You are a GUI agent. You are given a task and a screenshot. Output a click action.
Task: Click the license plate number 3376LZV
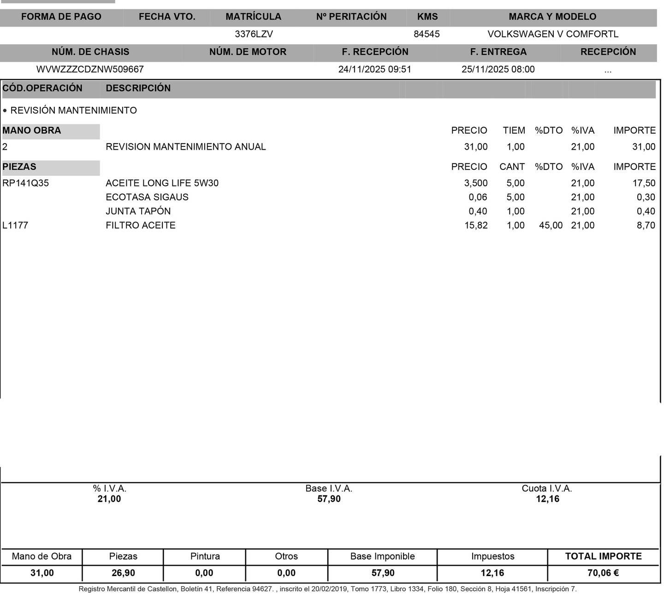pyautogui.click(x=254, y=34)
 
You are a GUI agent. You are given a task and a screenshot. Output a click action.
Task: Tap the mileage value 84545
pyautogui.click(x=427, y=34)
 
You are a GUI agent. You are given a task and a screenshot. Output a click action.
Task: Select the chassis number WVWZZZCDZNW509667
pyautogui.click(x=90, y=70)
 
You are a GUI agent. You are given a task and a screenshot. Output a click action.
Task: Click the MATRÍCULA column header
pyautogui.click(x=253, y=17)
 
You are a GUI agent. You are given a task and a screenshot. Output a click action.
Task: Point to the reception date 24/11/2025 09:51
pyautogui.click(x=374, y=70)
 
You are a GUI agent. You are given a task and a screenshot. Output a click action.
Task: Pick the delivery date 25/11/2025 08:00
pyautogui.click(x=498, y=70)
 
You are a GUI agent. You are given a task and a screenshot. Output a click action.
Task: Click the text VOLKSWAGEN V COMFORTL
pyautogui.click(x=553, y=34)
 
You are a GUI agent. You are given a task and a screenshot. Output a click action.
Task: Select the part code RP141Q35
pyautogui.click(x=26, y=183)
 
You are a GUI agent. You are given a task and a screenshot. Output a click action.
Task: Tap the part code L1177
pyautogui.click(x=15, y=226)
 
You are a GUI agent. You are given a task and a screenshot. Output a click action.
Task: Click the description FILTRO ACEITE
pyautogui.click(x=141, y=226)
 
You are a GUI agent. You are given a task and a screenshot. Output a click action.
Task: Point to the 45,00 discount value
pyautogui.click(x=551, y=226)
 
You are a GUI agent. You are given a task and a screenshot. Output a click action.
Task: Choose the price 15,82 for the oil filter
pyautogui.click(x=476, y=226)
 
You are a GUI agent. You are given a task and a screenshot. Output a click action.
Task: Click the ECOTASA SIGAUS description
pyautogui.click(x=147, y=197)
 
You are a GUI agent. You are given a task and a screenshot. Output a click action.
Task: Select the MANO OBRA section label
pyautogui.click(x=32, y=131)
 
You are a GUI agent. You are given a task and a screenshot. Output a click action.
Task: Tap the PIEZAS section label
pyautogui.click(x=19, y=167)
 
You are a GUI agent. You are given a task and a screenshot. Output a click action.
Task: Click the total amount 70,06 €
pyautogui.click(x=603, y=573)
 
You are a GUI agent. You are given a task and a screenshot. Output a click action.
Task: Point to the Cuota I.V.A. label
pyautogui.click(x=547, y=489)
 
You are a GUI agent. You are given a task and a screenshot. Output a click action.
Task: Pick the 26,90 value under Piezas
pyautogui.click(x=123, y=573)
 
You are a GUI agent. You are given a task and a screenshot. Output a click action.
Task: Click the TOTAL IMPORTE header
pyautogui.click(x=603, y=556)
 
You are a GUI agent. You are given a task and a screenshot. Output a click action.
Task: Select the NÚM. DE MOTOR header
pyautogui.click(x=248, y=52)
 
